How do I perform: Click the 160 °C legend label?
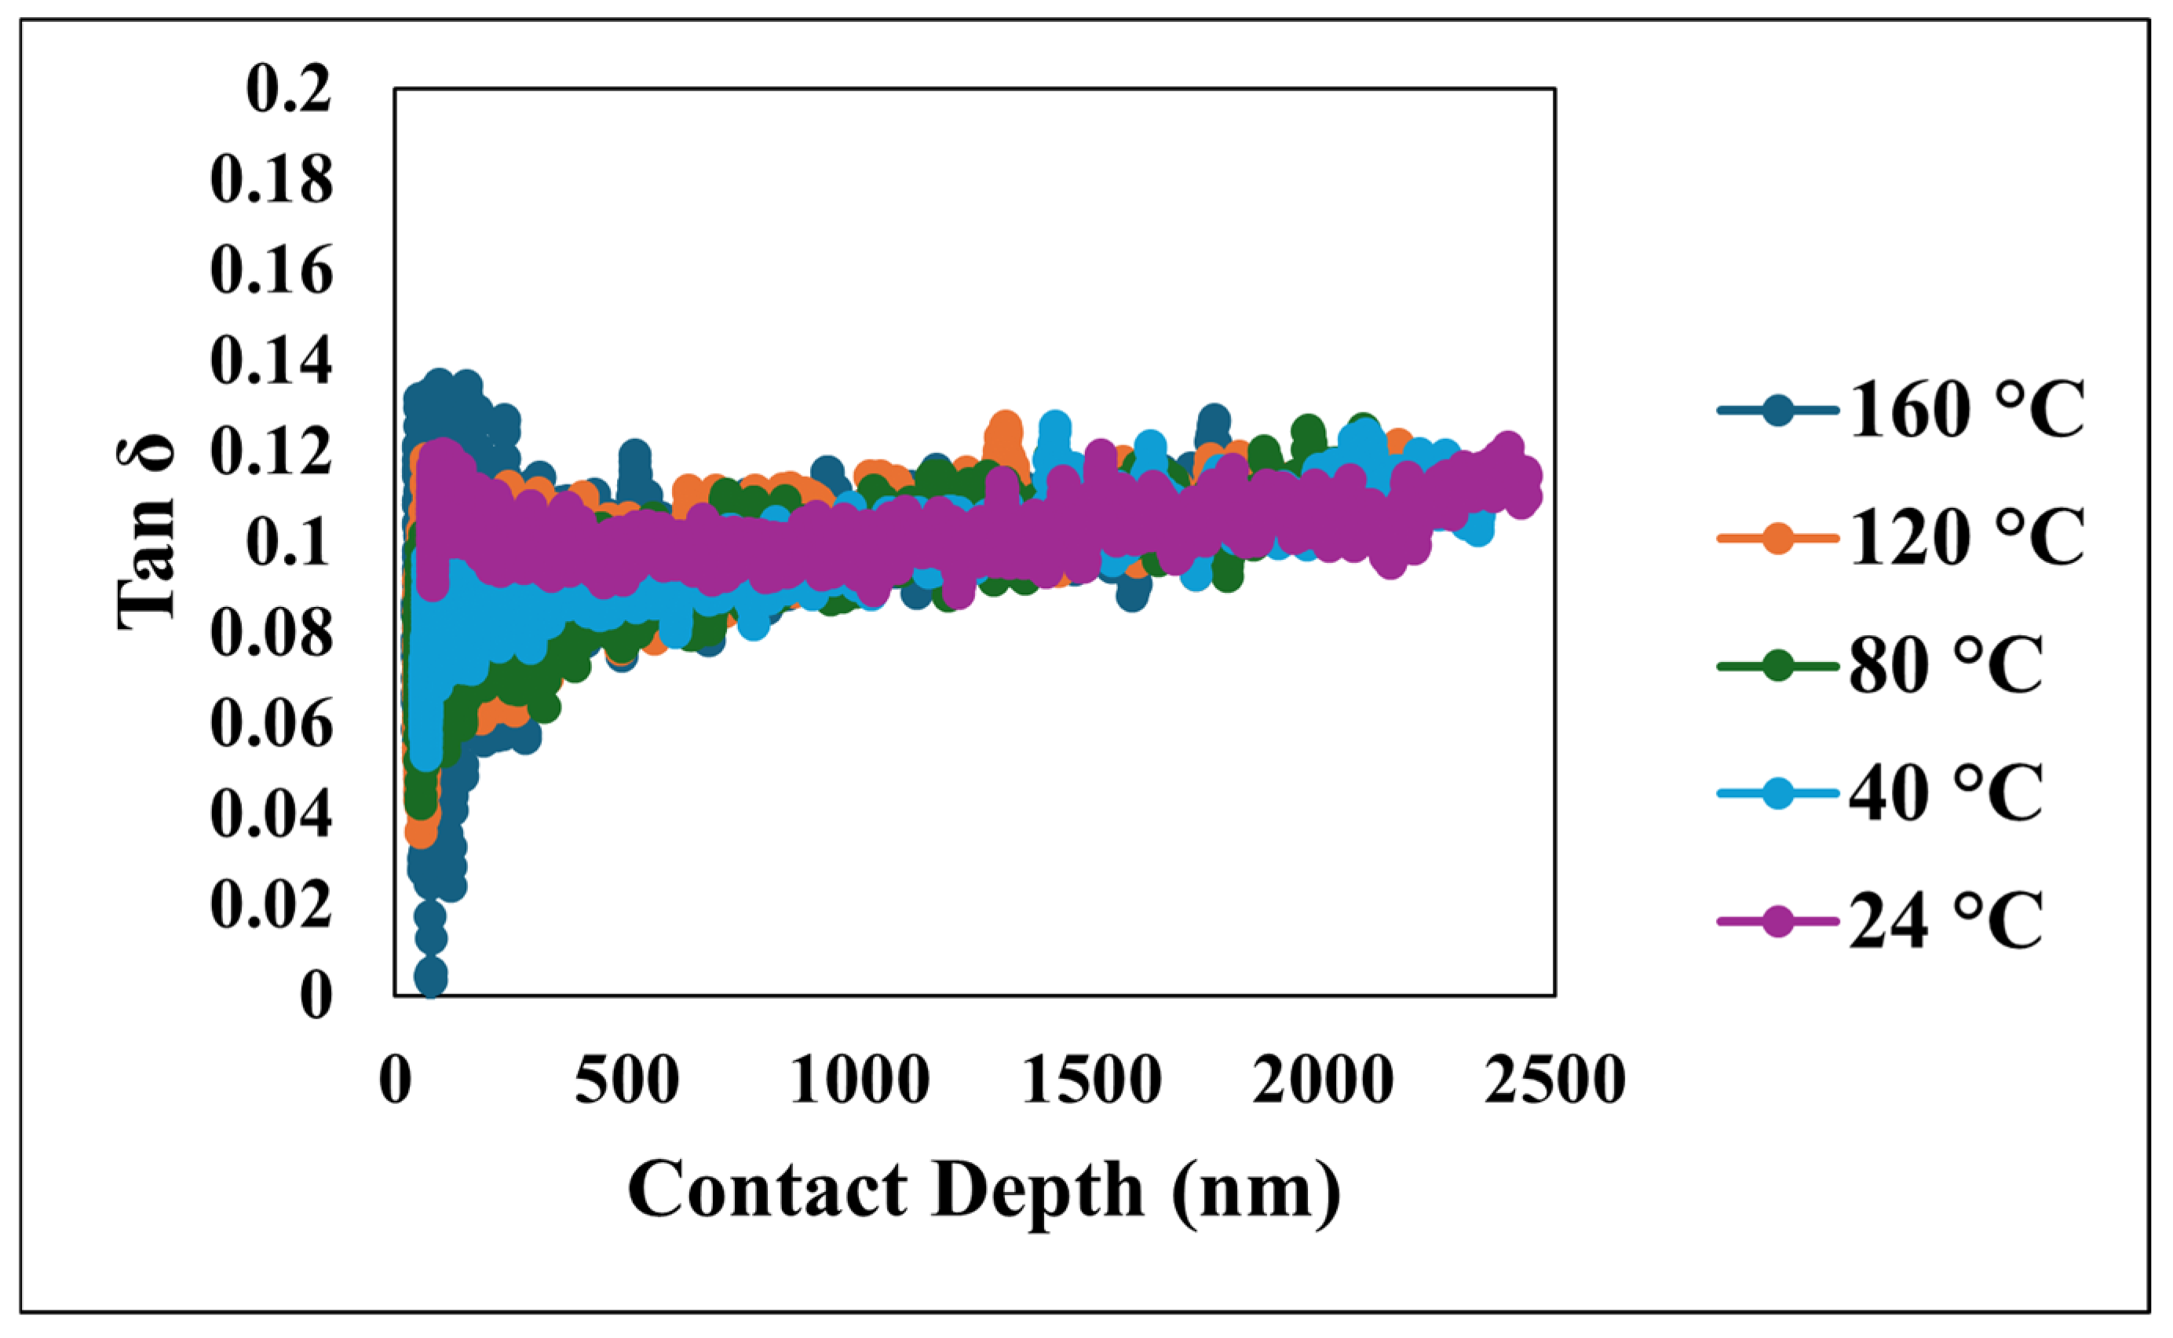coord(1966,411)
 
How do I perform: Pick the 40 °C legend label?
coord(1945,793)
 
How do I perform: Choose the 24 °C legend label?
coord(1945,921)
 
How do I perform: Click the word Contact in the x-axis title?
coord(767,1190)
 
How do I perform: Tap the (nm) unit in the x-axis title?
coord(1256,1190)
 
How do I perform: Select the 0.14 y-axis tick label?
coord(272,362)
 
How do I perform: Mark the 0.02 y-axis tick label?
coord(272,905)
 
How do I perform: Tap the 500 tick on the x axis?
coord(627,1080)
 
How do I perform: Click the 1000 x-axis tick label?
coord(859,1080)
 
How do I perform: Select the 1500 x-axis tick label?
coord(1091,1080)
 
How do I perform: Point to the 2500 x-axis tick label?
coord(1554,1080)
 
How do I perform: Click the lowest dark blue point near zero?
coord(431,978)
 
